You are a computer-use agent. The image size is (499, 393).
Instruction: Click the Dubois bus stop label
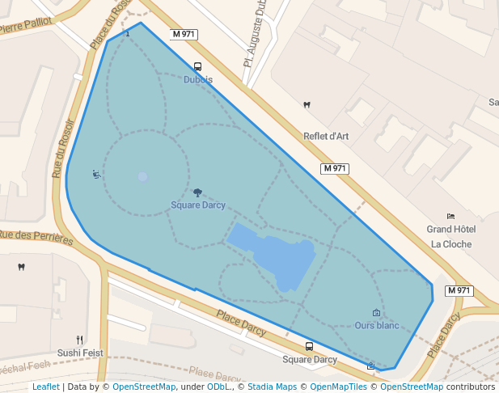198,79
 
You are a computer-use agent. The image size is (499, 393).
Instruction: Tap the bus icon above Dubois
198,67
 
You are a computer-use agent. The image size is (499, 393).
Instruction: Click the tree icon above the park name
197,192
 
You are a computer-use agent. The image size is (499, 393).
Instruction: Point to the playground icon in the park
96,174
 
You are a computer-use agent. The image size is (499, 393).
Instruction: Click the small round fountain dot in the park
142,177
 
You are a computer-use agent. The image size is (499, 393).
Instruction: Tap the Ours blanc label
377,326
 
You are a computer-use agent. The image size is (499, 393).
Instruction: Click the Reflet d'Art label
325,136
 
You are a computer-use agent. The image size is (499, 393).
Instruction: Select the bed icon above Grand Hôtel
450,216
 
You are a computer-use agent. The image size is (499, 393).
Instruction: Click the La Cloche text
450,243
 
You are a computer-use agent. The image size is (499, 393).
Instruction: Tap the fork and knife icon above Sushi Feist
79,340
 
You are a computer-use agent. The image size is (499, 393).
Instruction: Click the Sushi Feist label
80,353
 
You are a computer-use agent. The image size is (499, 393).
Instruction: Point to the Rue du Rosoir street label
59,146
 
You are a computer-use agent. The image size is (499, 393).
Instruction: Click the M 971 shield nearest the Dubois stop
184,35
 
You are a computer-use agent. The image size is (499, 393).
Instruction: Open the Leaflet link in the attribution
45,387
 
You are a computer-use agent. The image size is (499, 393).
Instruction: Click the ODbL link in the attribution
218,387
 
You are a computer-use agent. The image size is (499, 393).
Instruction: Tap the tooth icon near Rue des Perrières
22,267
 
